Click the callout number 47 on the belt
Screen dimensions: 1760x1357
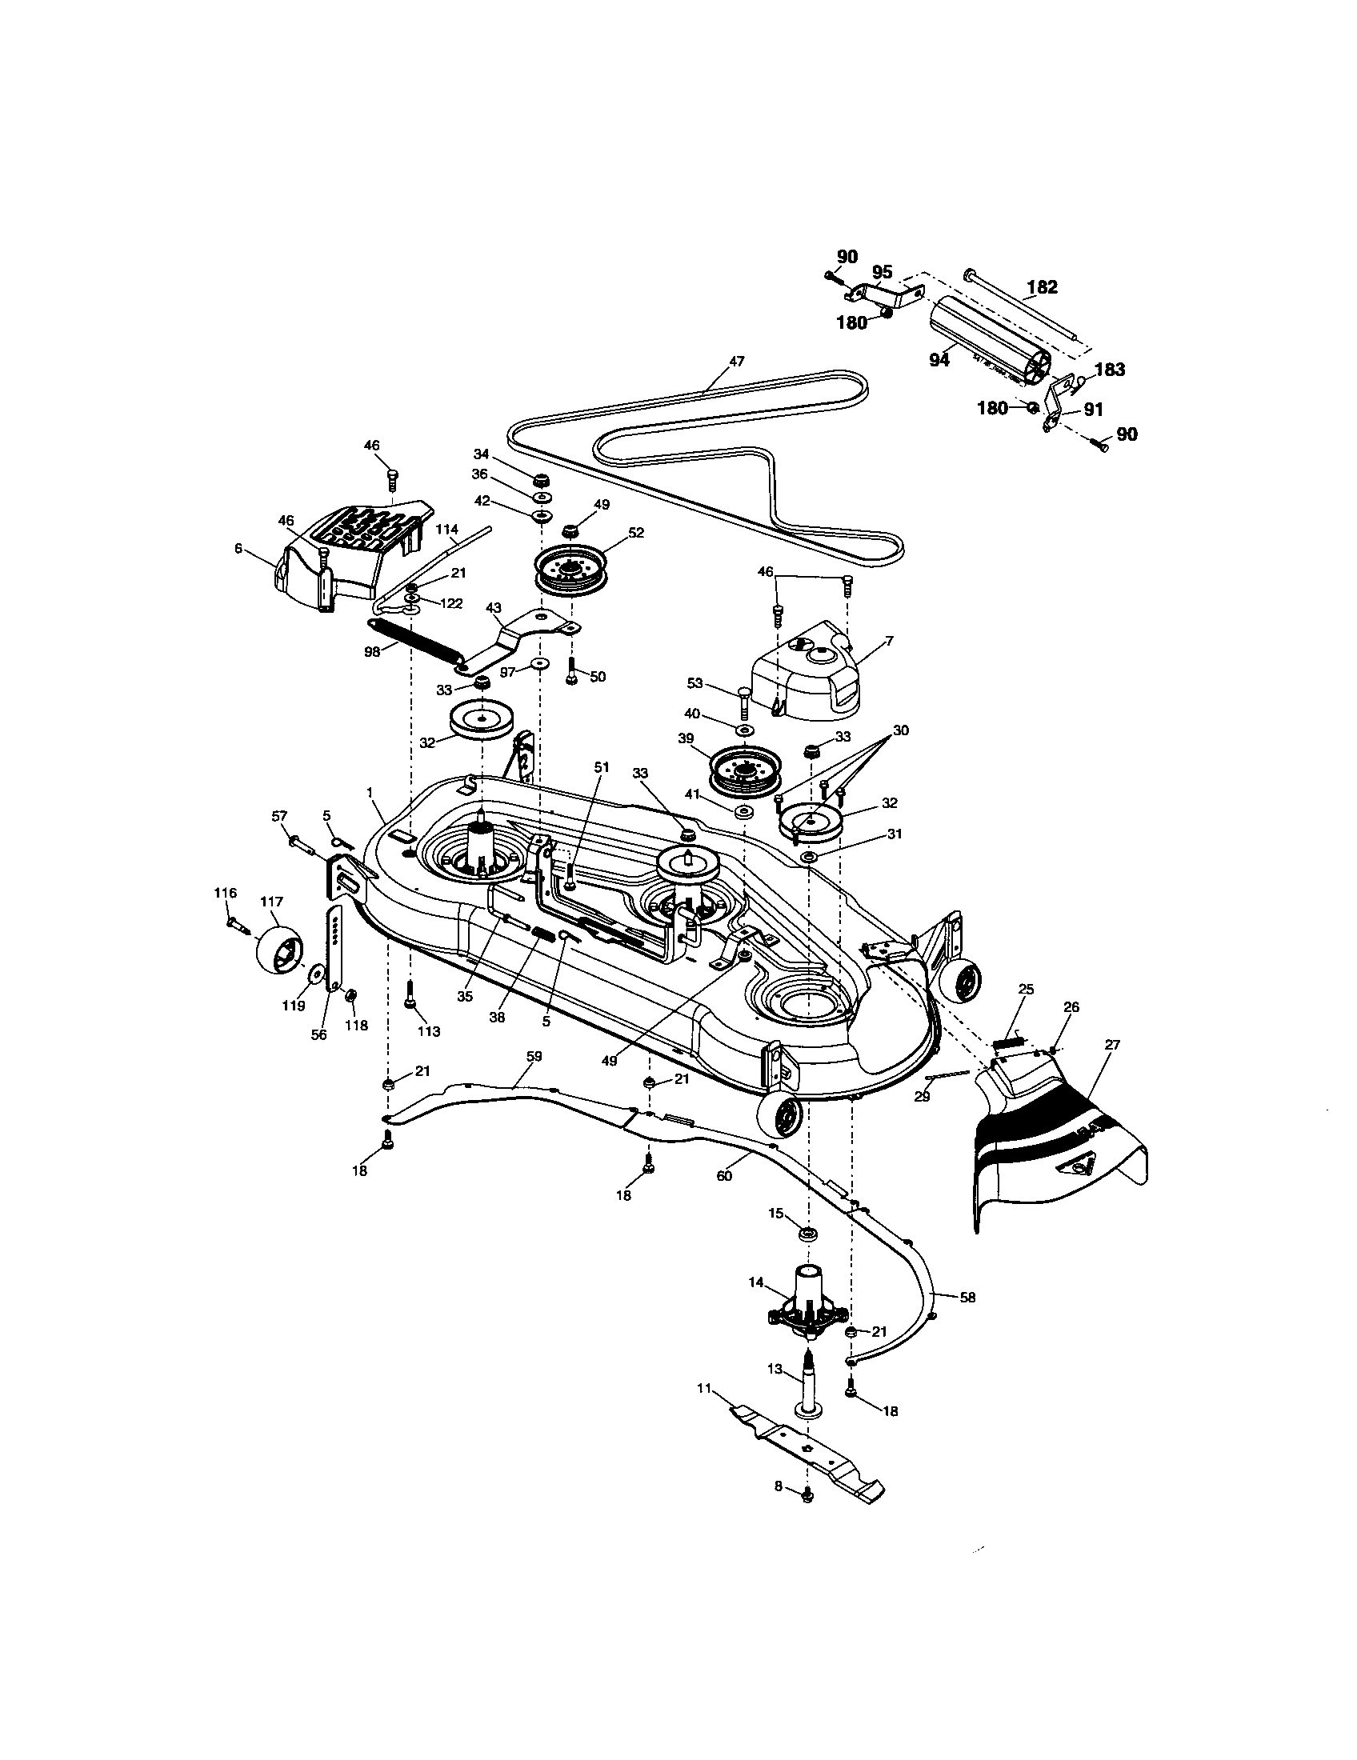point(737,362)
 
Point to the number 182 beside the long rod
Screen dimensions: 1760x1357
point(1042,287)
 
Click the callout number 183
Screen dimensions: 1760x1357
point(1110,370)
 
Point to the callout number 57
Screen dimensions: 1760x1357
point(278,816)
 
